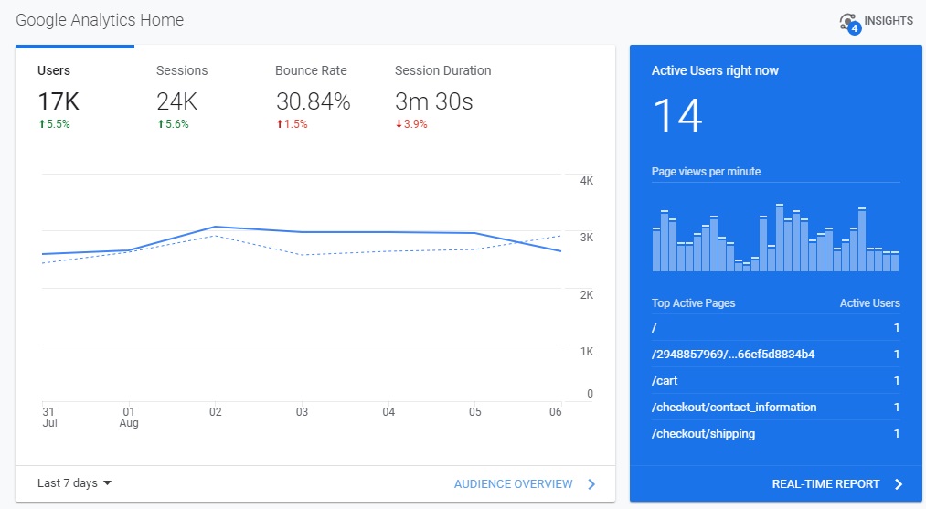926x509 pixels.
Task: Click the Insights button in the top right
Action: pyautogui.click(x=875, y=21)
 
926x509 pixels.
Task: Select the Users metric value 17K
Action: pyautogui.click(x=59, y=102)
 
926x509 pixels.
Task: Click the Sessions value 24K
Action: pyautogui.click(x=177, y=102)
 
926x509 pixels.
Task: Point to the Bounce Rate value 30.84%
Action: pyautogui.click(x=313, y=102)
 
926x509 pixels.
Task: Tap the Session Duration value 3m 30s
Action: pyautogui.click(x=433, y=102)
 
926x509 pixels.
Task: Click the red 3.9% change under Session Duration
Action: pyautogui.click(x=411, y=125)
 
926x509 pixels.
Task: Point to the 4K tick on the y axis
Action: pyautogui.click(x=587, y=181)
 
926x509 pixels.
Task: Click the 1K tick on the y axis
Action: pyautogui.click(x=587, y=352)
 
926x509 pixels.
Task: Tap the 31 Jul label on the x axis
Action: pyautogui.click(x=49, y=418)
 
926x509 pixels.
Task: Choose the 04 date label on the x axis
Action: pyautogui.click(x=388, y=412)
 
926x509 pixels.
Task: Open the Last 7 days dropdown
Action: pyautogui.click(x=74, y=483)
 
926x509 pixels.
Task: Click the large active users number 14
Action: pyautogui.click(x=677, y=116)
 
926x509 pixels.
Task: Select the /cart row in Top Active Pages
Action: pyautogui.click(x=665, y=381)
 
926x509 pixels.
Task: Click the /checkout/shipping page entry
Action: pyautogui.click(x=704, y=434)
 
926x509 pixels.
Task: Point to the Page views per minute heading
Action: pyautogui.click(x=706, y=172)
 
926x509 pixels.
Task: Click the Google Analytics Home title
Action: pyautogui.click(x=100, y=20)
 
